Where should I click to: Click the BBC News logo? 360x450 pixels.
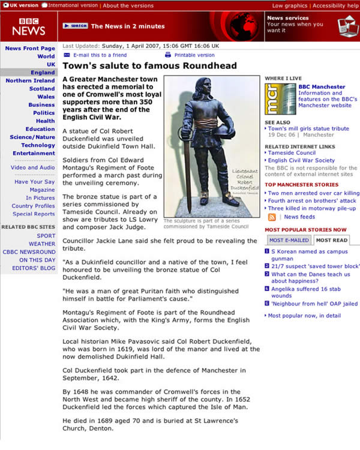tap(28, 26)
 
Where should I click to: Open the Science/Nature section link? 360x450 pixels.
tap(32, 137)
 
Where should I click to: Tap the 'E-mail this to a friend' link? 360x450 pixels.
tap(100, 55)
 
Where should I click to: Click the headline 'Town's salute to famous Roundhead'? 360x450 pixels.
tap(140, 66)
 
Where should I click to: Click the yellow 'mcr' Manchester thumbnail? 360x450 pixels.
tap(280, 98)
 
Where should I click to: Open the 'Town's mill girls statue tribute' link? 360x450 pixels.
tap(308, 128)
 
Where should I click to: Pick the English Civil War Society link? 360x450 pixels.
tap(301, 160)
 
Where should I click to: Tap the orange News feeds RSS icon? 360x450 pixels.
tap(272, 217)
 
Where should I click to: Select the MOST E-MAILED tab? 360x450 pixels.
tap(289, 240)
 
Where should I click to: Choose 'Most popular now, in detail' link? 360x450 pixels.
tap(304, 316)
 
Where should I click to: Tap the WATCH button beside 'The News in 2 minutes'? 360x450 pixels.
tap(75, 26)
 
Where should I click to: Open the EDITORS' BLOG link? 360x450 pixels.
tap(37, 268)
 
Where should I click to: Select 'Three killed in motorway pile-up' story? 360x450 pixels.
tap(312, 208)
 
